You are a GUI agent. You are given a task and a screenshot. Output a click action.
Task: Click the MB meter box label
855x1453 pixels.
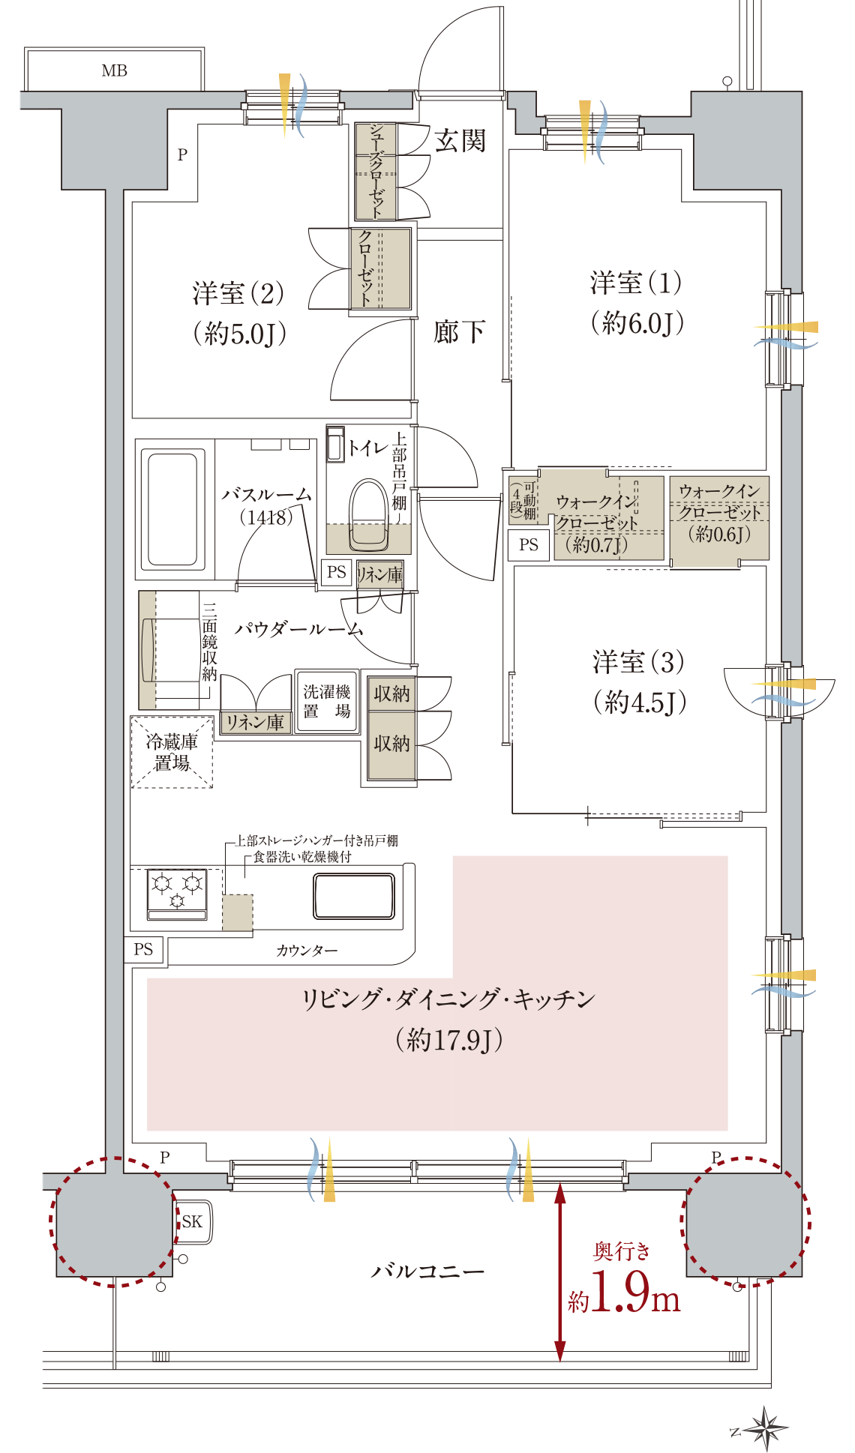pyautogui.click(x=114, y=70)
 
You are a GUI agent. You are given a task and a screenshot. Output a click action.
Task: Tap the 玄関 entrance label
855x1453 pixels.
pyautogui.click(x=460, y=140)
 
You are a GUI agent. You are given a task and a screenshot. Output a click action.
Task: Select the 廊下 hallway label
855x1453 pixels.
pyautogui.click(x=459, y=331)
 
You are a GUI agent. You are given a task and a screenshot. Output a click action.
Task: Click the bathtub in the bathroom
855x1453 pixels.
pyautogui.click(x=172, y=509)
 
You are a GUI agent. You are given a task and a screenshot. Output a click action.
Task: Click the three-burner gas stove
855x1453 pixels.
pyautogui.click(x=177, y=894)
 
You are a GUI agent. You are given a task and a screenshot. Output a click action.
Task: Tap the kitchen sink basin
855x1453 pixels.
pyautogui.click(x=354, y=896)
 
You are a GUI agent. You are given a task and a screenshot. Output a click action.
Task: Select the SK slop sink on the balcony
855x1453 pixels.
pyautogui.click(x=193, y=1221)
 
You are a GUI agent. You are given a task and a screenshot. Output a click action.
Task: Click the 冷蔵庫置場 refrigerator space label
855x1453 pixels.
pyautogui.click(x=172, y=752)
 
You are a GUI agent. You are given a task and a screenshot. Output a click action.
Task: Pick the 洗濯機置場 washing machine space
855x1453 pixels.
pyautogui.click(x=326, y=701)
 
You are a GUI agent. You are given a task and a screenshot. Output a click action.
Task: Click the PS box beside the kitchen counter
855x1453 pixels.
pyautogui.click(x=143, y=949)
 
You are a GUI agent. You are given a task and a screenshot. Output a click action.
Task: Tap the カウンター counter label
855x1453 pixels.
pyautogui.click(x=307, y=951)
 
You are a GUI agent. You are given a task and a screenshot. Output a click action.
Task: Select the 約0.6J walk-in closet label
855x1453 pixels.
pyautogui.click(x=718, y=534)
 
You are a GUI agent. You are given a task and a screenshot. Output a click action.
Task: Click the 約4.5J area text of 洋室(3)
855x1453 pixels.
pyautogui.click(x=640, y=703)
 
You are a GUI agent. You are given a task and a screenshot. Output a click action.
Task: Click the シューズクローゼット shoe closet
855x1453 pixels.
pyautogui.click(x=375, y=171)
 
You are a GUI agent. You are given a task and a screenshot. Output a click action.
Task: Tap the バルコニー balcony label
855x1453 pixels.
pyautogui.click(x=427, y=1271)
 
